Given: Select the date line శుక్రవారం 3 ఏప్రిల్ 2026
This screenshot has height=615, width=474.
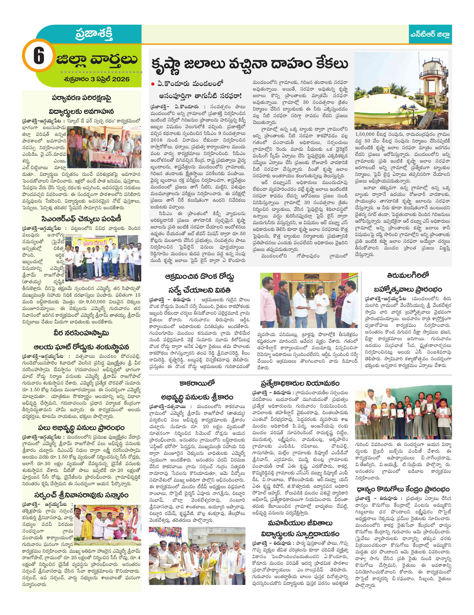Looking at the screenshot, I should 96,79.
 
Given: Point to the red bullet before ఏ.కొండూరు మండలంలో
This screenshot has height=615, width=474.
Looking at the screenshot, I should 153,84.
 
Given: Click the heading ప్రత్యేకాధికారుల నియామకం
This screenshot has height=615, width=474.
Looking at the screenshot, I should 300,383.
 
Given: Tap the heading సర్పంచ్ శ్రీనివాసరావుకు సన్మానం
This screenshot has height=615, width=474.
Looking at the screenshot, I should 81,495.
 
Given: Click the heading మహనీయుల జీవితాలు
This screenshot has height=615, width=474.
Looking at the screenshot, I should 300,523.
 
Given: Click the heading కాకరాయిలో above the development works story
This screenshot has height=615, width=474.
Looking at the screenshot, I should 197,383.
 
